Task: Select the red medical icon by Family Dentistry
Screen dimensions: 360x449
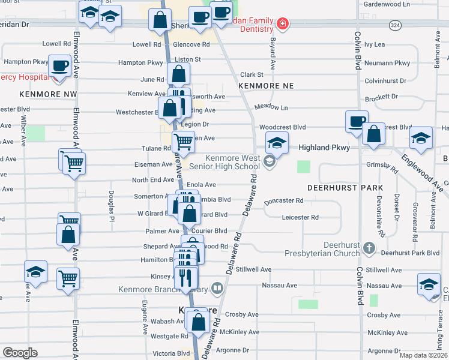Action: click(x=282, y=25)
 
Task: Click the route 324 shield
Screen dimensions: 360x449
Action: click(x=394, y=25)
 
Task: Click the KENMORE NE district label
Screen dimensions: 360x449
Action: click(x=266, y=86)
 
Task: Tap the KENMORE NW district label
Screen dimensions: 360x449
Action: click(x=48, y=94)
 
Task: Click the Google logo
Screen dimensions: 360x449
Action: click(x=20, y=353)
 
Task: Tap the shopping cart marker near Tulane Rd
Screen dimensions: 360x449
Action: click(x=183, y=143)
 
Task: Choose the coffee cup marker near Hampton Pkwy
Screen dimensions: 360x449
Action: click(x=59, y=65)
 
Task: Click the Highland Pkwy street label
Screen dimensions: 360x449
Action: click(x=322, y=147)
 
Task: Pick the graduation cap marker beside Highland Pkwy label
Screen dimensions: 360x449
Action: click(x=277, y=143)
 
